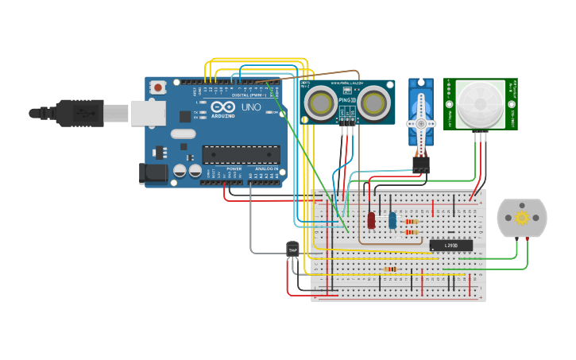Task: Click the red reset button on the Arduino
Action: (x=157, y=87)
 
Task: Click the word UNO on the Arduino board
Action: (x=251, y=106)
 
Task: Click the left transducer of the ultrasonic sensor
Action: (x=320, y=102)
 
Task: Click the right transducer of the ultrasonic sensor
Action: (x=373, y=102)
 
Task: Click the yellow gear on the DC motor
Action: (x=522, y=217)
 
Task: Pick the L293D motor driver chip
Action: (x=450, y=245)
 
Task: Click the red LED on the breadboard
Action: (x=371, y=219)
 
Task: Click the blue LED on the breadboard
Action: (x=392, y=220)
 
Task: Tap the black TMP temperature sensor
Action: (x=292, y=250)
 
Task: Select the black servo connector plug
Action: (x=420, y=164)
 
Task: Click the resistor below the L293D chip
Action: (x=389, y=269)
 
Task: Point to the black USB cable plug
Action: (x=79, y=113)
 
